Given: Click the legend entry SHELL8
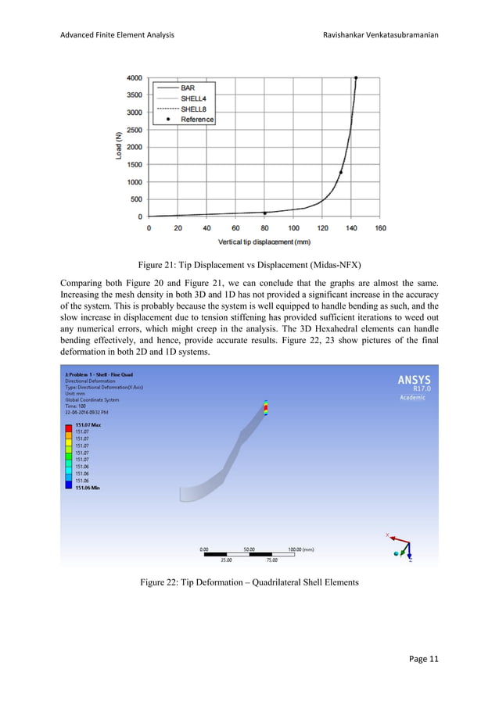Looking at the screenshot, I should (193, 109).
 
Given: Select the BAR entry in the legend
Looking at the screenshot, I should (188, 88).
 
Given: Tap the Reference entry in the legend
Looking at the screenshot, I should (197, 120).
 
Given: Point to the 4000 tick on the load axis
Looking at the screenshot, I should (134, 77).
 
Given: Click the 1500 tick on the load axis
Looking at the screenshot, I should (134, 164).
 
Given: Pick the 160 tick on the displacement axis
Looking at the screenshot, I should (380, 228).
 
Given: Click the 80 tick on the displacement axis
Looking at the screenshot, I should (264, 228).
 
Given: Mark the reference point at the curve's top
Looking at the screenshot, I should (356, 77).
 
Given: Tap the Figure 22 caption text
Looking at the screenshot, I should (249, 582).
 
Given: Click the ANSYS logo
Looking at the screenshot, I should (414, 381).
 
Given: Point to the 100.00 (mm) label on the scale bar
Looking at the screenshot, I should (301, 549).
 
